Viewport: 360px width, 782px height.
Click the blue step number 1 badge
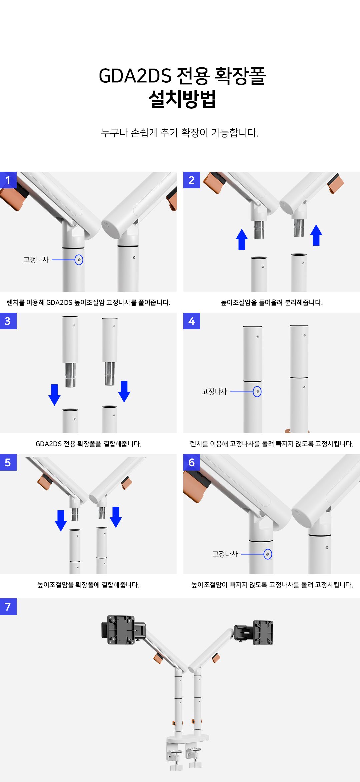coord(8,180)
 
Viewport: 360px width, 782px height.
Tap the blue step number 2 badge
coord(192,180)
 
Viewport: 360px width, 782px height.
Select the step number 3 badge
coord(8,321)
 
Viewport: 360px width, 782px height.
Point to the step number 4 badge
coord(192,321)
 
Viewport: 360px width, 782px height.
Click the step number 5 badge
coord(8,462)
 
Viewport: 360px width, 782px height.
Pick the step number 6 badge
coord(192,462)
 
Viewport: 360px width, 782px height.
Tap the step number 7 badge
coord(8,607)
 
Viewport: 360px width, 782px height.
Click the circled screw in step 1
coord(79,260)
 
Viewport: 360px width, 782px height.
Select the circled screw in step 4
coord(257,392)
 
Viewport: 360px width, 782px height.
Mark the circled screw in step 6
coord(268,554)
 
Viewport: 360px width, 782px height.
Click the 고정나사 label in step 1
coord(36,260)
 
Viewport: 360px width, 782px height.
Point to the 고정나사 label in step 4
coord(214,392)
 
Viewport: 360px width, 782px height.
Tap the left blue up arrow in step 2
coord(242,239)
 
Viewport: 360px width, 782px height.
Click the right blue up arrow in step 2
coord(316,235)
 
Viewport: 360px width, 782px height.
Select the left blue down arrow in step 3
coord(54,395)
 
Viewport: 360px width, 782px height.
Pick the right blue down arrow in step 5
coord(116,517)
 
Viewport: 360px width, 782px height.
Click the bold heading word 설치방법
coord(182,99)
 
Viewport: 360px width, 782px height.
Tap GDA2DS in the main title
coord(135,76)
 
